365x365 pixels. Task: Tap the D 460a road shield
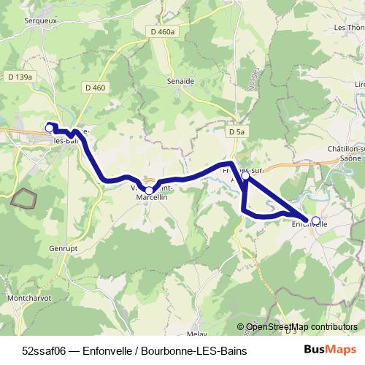[161, 32]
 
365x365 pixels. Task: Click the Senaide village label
[180, 80]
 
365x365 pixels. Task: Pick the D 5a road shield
[234, 132]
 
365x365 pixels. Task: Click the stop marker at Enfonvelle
[316, 220]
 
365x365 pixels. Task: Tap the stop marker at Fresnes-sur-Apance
[246, 175]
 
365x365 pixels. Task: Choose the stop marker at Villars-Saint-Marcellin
[149, 190]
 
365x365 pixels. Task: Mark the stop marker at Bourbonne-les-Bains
[50, 128]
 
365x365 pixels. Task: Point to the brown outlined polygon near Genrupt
[24, 199]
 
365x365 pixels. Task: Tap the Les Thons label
[349, 28]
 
